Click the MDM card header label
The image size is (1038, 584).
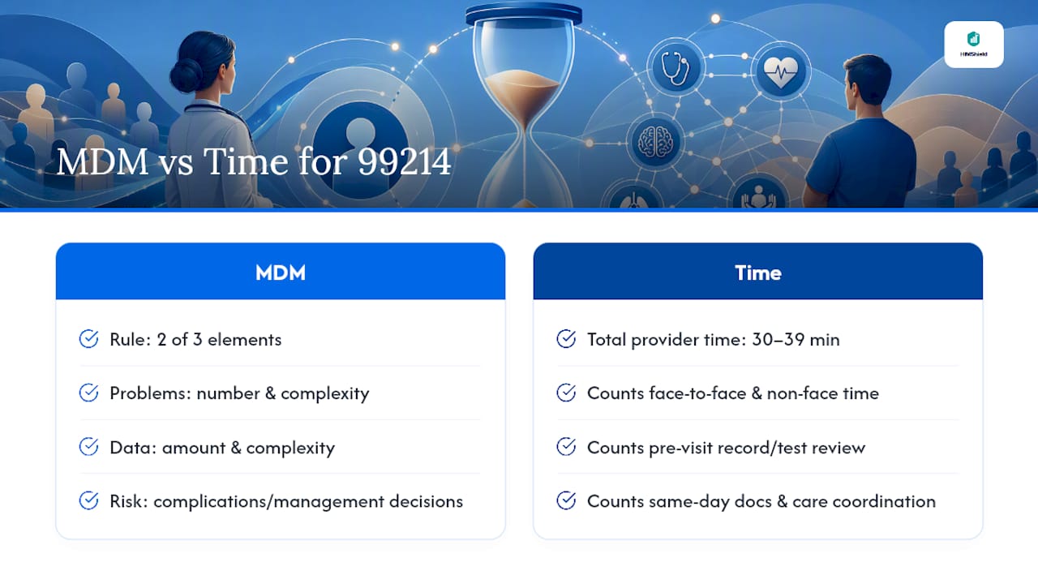point(281,273)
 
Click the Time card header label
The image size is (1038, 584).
point(758,273)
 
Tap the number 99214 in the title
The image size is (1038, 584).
point(404,161)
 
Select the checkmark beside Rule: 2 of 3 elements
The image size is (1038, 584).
point(88,339)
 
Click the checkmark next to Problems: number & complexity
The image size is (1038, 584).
point(88,393)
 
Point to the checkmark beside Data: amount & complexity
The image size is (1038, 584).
point(88,447)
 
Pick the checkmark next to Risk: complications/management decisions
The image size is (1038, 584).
point(88,500)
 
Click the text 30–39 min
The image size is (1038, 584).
point(796,340)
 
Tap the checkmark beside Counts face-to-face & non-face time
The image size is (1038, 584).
point(566,393)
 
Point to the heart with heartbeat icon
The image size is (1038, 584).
point(781,71)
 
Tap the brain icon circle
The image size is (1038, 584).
point(654,142)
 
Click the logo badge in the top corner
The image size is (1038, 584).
point(974,45)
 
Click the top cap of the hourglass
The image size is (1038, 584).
point(524,13)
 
